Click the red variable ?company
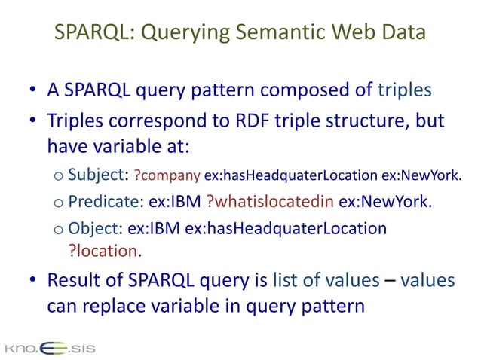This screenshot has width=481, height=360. tap(167, 177)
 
